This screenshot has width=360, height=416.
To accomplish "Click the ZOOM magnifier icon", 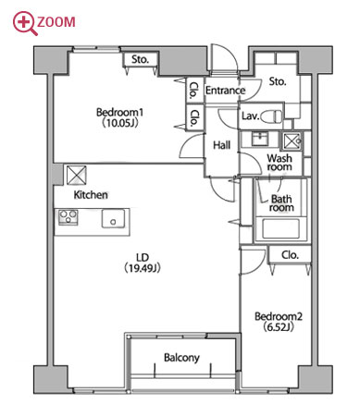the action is [x=24, y=23].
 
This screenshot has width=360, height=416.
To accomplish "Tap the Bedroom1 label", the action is [x=119, y=112].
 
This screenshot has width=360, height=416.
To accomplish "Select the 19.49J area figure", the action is [x=143, y=268].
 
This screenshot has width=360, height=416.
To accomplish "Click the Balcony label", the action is [x=181, y=358].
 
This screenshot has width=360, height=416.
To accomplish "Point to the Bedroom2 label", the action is [x=279, y=316].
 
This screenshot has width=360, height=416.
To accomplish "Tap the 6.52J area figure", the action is [x=279, y=327].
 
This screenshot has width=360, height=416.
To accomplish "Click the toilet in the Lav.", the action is [x=271, y=116].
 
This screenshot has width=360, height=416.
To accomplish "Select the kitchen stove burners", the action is [x=68, y=216].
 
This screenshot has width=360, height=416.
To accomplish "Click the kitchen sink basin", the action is [x=114, y=219].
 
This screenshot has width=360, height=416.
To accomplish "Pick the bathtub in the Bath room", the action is [x=280, y=228].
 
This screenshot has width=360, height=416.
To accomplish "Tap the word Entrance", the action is [x=226, y=91].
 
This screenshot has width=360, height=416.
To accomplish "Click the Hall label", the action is [x=222, y=145].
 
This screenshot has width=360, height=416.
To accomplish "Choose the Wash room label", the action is [x=279, y=163].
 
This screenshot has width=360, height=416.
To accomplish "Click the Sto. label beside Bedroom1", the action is [x=141, y=59].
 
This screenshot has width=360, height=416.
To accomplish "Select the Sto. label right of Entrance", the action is [x=278, y=81].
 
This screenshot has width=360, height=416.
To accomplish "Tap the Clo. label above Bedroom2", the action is [x=290, y=255].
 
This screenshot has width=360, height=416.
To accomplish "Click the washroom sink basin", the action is [x=261, y=139].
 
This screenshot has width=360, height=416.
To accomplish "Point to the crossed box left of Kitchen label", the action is [x=77, y=176].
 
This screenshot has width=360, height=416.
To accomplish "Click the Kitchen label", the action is [x=91, y=195].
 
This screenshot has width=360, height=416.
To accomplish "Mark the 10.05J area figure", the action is [x=119, y=123].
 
